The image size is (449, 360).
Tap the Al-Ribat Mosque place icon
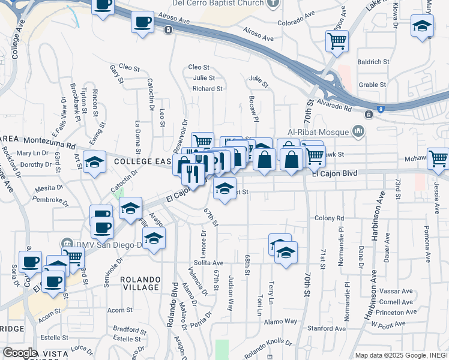coord(358,130)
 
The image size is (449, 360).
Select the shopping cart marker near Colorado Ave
coord(337,41)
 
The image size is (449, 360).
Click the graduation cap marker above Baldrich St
coord(422,26)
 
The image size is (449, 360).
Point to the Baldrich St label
coord(373,62)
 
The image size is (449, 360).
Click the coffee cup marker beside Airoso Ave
coord(143,23)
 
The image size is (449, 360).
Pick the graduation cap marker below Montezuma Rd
coord(94,162)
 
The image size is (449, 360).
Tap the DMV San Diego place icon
coord(66,245)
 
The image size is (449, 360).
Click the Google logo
coord(19,353)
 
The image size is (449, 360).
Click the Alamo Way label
coord(282,321)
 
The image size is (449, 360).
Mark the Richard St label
coord(208,89)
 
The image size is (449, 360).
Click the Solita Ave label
coord(209,263)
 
